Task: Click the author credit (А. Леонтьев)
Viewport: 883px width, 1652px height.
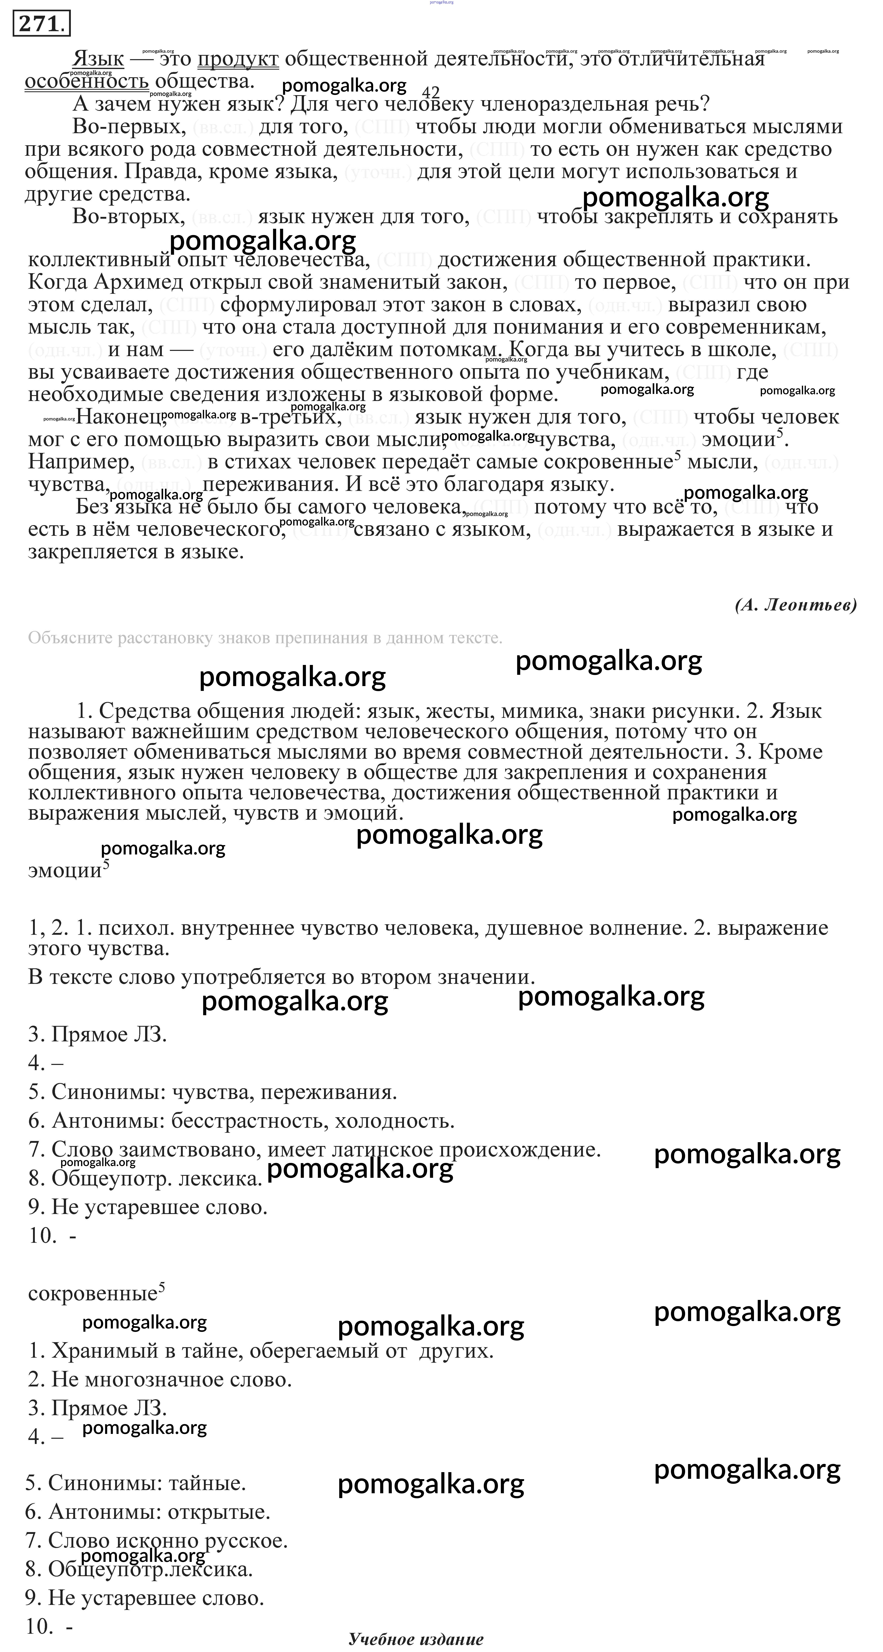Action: (x=796, y=605)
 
